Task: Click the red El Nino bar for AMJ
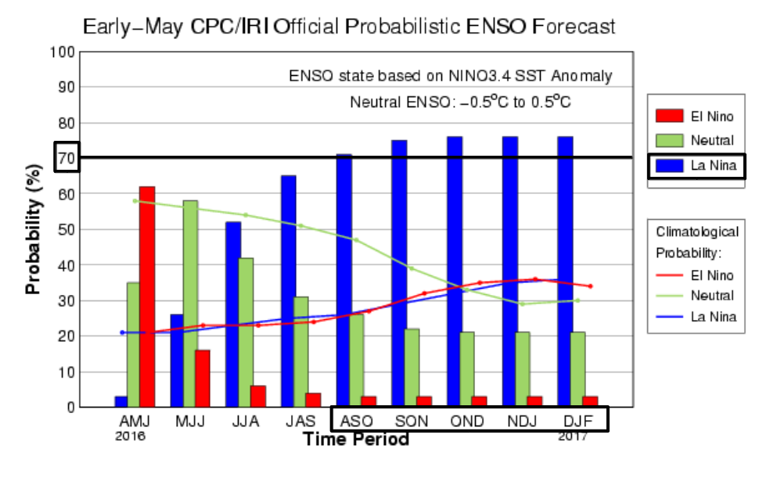(147, 297)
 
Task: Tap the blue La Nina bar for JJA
(233, 314)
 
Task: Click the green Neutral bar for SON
(412, 368)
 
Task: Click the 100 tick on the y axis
(65, 52)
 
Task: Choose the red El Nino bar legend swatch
(670, 117)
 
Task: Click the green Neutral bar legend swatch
(670, 140)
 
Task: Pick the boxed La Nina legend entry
(696, 165)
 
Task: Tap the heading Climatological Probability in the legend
(696, 243)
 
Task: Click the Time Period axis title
(356, 439)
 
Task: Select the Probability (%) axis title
(33, 228)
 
